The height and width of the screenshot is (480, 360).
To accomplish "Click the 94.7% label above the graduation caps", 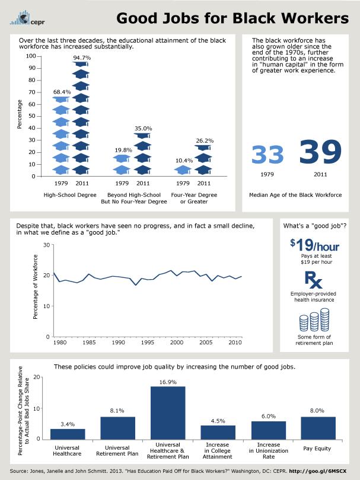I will point(81,57).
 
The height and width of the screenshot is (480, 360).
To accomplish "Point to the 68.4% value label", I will point(62,92).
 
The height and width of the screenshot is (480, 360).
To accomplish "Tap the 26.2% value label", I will point(204,140).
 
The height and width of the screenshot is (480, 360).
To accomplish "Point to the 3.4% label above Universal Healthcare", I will point(68,424).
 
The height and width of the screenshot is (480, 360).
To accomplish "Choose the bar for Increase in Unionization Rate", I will point(268,430).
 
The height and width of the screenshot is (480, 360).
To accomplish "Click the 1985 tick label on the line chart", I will point(87,343).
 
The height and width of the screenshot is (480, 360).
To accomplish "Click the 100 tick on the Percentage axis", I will point(31,56).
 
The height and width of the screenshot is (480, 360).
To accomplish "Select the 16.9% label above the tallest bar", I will point(168,382).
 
